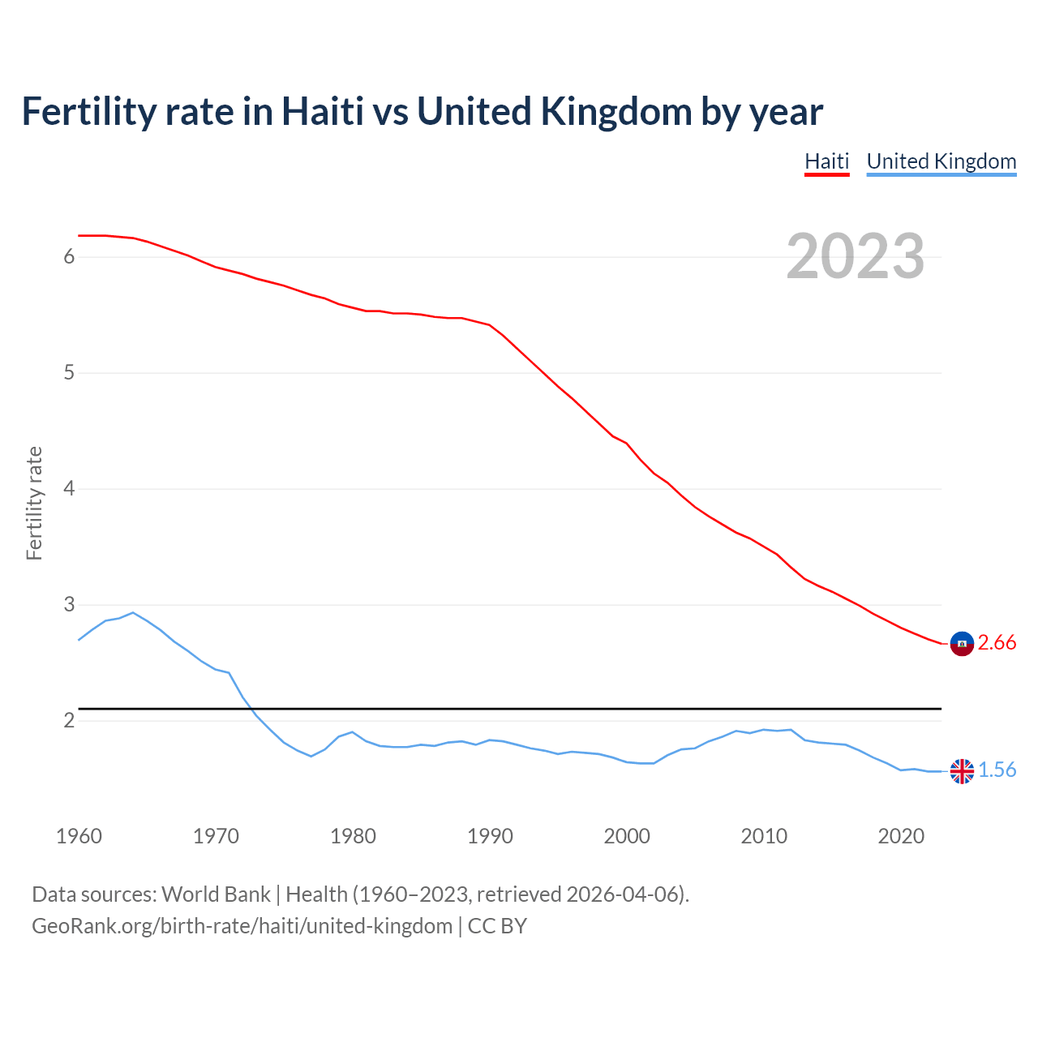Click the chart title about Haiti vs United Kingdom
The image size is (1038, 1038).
tap(422, 112)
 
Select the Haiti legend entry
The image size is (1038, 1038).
tap(826, 161)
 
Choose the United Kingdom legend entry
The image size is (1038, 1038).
tap(941, 161)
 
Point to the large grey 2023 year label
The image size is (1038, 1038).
tap(855, 256)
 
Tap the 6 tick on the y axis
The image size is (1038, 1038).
tap(69, 257)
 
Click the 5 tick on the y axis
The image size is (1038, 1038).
tap(69, 373)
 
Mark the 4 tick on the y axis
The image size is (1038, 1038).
tap(69, 489)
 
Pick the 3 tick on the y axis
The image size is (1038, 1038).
tap(69, 605)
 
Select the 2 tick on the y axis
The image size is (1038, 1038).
tap(69, 721)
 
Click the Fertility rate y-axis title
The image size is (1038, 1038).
tap(34, 503)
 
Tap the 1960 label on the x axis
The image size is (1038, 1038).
tap(79, 836)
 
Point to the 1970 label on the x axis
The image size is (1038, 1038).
tap(216, 836)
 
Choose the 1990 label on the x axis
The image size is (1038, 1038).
tap(490, 836)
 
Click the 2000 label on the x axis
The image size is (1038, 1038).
tap(627, 836)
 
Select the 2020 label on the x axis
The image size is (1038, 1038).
tap(901, 836)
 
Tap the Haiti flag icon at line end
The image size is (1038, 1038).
tap(962, 643)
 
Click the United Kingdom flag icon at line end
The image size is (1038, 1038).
tap(962, 771)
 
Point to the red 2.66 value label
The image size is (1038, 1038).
tap(997, 643)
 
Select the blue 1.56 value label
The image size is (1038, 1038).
tap(997, 770)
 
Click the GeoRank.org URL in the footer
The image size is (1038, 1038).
tap(242, 926)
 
